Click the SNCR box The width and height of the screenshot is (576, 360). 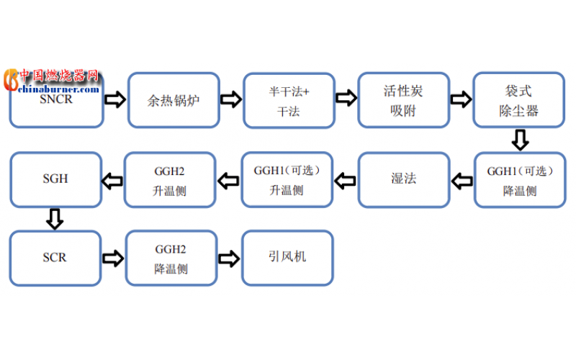pos(56,104)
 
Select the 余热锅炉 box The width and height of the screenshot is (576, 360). pos(174,100)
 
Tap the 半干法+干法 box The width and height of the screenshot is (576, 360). pos(289,100)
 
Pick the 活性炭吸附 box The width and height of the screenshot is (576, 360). pos(404,100)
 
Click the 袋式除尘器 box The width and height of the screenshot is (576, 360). pos(518,100)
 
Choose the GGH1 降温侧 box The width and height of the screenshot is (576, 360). pos(519,180)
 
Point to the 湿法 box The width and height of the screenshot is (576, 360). pos(404,179)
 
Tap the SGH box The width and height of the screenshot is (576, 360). pos(55,179)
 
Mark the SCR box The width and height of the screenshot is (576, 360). pos(55,258)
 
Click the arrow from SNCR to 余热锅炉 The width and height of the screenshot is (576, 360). pos(115,99)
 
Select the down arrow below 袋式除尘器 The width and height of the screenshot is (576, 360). pos(519,140)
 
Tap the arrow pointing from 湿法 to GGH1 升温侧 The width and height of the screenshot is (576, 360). pos(346,179)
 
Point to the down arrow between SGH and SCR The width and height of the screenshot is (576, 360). pos(55,218)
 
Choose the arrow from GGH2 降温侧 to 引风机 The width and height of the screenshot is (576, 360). pos(229,257)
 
